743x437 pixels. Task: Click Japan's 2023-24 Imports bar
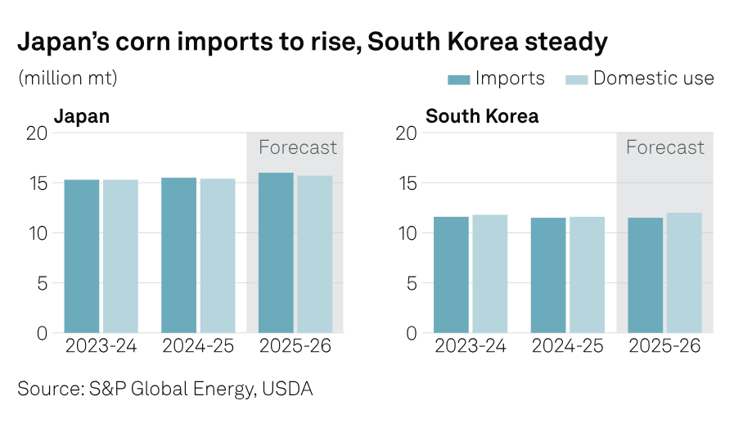pos(81,256)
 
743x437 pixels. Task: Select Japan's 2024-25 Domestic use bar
pos(217,255)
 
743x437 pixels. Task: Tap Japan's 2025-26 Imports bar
pos(276,253)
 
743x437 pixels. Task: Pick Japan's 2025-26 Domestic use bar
pos(314,255)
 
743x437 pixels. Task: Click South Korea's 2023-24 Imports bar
pos(450,275)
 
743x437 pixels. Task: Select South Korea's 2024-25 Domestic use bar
pos(587,275)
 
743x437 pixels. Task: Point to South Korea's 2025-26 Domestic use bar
pos(684,273)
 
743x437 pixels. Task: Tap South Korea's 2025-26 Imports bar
pos(645,275)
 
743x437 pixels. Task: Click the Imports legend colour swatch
pos(458,79)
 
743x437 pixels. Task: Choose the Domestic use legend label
pos(653,79)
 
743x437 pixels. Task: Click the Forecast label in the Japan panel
pos(297,148)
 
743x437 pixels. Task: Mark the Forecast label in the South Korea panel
pos(664,148)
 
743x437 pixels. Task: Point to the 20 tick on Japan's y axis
pos(38,133)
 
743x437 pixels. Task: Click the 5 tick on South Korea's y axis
pos(411,283)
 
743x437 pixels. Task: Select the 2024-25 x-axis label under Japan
pos(197,346)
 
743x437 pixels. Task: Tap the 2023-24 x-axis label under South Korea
pos(470,346)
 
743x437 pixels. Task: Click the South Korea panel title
pos(482,116)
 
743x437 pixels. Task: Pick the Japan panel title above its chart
pos(81,116)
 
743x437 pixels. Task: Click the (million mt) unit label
pos(67,79)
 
